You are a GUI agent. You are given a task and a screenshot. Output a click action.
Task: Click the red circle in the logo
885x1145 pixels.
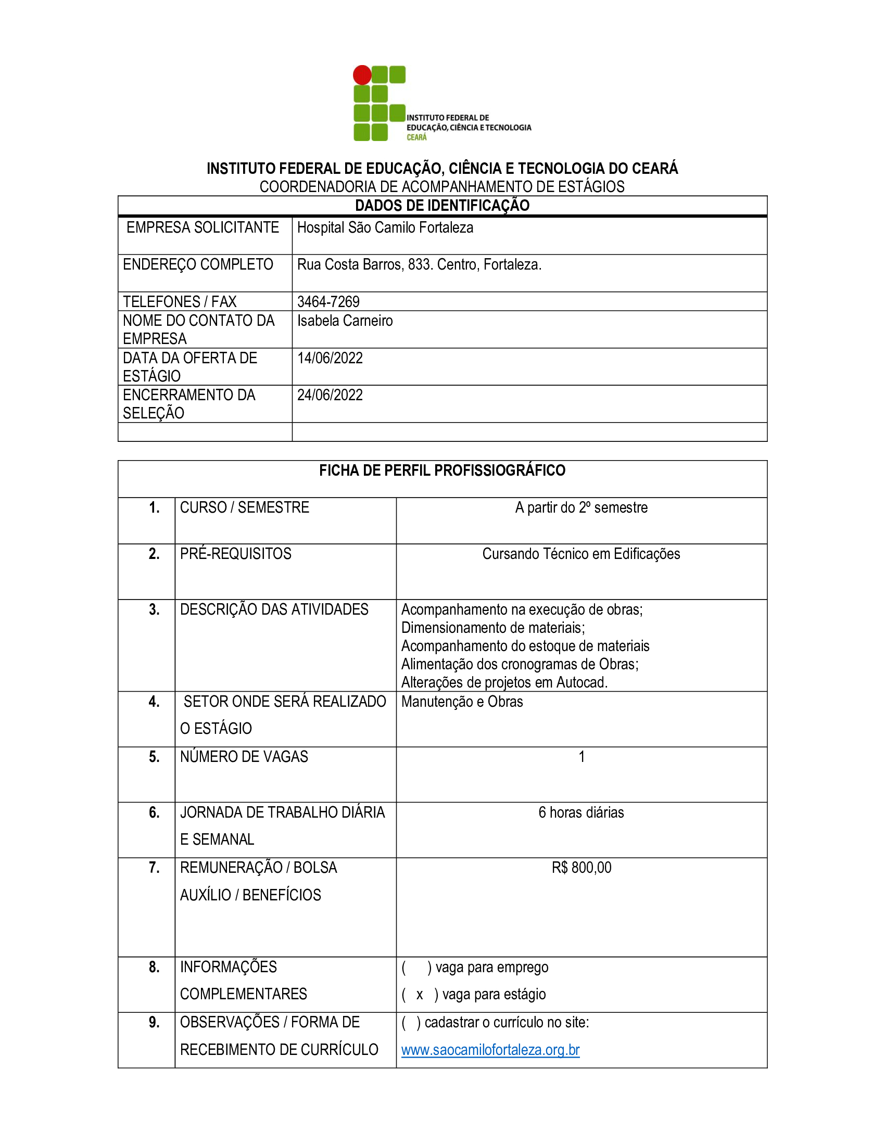(362, 75)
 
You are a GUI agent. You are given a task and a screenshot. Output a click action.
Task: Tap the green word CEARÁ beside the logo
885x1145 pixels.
(416, 137)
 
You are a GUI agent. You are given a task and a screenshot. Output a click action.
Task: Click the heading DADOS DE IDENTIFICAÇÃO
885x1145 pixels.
(442, 206)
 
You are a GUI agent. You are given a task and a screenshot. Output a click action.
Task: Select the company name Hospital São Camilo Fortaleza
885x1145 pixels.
(385, 227)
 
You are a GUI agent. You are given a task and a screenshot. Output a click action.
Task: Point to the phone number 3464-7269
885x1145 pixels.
(328, 301)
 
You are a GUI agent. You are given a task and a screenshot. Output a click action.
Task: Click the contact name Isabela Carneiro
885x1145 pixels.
(345, 320)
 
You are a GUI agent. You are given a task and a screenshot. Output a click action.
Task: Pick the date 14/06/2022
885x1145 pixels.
(330, 358)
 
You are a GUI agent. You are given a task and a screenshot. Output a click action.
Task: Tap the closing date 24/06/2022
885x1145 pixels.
(330, 395)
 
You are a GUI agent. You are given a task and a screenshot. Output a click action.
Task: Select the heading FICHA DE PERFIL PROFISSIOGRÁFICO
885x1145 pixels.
(442, 470)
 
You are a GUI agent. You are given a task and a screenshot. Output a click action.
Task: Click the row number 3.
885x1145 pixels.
(154, 609)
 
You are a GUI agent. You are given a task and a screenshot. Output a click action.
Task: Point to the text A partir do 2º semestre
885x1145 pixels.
(581, 507)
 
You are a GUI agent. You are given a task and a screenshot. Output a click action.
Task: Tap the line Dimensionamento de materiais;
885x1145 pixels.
(493, 628)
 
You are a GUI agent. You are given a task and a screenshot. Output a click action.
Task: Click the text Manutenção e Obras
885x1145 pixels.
(462, 702)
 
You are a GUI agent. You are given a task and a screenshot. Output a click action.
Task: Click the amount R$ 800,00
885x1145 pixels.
(581, 868)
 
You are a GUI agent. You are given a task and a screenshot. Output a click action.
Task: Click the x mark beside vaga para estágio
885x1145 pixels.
(420, 995)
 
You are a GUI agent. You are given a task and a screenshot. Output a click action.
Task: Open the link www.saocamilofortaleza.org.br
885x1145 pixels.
(490, 1050)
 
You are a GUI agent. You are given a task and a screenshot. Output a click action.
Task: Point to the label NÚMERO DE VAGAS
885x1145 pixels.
(244, 757)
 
